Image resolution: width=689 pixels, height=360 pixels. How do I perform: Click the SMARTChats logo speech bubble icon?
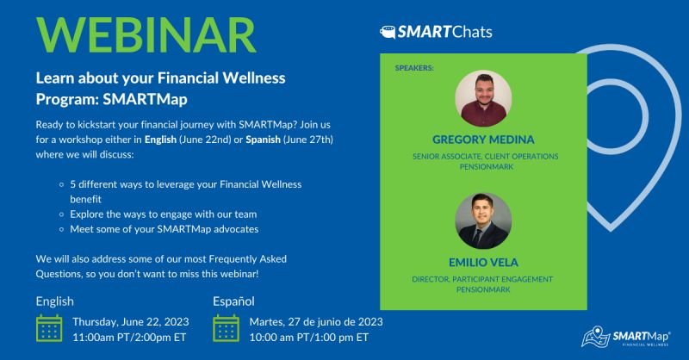(x=388, y=34)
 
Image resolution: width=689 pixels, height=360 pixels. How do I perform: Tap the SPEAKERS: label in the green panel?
(x=414, y=66)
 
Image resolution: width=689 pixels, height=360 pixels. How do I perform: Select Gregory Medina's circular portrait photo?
(x=483, y=98)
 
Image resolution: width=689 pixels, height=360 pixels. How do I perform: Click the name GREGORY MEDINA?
(x=483, y=138)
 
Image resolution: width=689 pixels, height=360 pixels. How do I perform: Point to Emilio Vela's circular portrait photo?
(x=483, y=220)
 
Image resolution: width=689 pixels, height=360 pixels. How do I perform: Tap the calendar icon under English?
(x=49, y=329)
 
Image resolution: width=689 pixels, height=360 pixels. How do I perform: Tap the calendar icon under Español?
(x=226, y=329)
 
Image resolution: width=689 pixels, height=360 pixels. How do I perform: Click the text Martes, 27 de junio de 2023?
(x=316, y=321)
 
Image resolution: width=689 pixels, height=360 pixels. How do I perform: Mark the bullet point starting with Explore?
(x=158, y=214)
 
